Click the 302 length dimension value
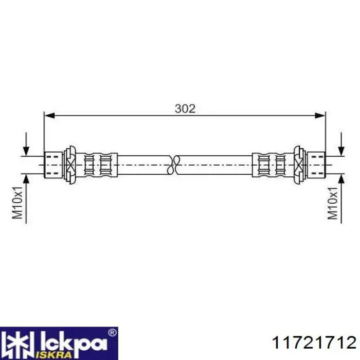click(185, 109)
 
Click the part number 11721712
click(314, 343)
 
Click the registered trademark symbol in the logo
click(112, 332)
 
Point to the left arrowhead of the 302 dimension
click(49, 116)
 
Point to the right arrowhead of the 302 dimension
click(320, 116)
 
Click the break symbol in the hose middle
click(174, 165)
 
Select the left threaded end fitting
click(53, 165)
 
